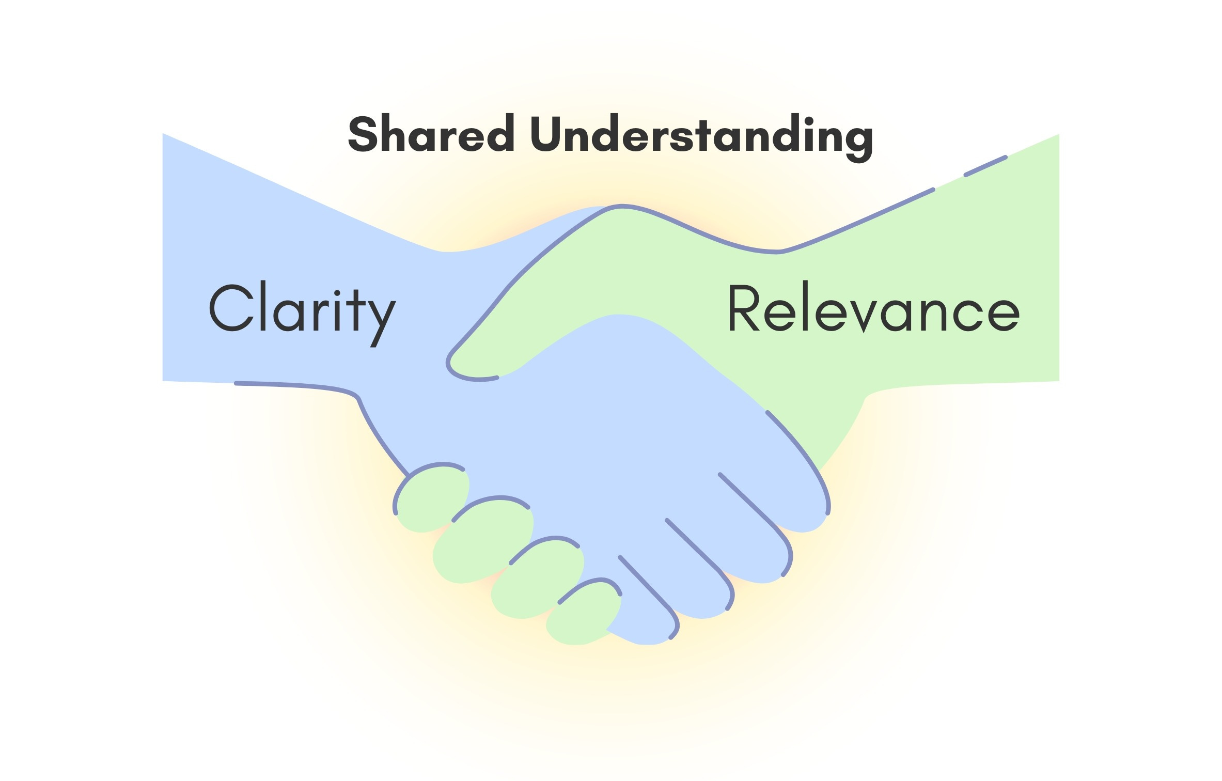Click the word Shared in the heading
[x=431, y=134]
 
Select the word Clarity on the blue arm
[x=302, y=310]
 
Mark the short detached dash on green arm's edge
[x=985, y=166]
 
